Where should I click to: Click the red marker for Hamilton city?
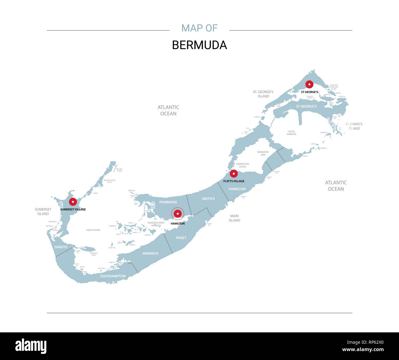tap(178, 214)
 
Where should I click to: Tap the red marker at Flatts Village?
tap(234, 174)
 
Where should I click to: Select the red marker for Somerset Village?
tap(73, 202)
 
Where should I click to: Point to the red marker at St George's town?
tap(309, 84)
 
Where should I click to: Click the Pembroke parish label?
tap(168, 202)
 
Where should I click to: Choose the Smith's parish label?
tap(208, 199)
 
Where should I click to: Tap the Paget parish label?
tap(181, 238)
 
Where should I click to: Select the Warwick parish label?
tap(150, 254)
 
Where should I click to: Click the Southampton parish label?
tap(113, 276)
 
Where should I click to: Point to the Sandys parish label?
tap(61, 247)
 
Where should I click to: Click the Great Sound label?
tap(93, 230)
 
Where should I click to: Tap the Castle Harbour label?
tap(291, 133)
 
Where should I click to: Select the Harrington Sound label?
tap(242, 165)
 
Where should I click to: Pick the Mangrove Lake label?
tap(263, 153)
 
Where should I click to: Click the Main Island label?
tap(234, 218)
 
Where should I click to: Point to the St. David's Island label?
tap(354, 126)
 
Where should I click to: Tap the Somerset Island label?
tap(43, 211)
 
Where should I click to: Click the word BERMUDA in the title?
tap(199, 45)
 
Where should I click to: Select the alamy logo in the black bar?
tap(31, 346)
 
